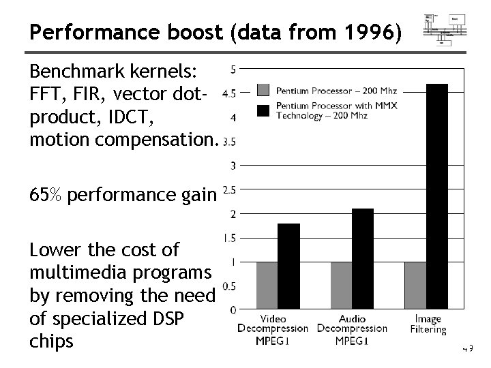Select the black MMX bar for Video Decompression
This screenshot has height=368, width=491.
pyautogui.click(x=288, y=266)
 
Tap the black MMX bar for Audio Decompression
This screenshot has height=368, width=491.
pyautogui.click(x=363, y=259)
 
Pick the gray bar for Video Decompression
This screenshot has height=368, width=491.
pyautogui.click(x=267, y=286)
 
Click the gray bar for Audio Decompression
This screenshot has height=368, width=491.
pyautogui.click(x=341, y=286)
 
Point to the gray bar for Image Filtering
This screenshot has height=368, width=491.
pyautogui.click(x=415, y=286)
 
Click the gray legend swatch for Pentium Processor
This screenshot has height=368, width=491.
pyautogui.click(x=265, y=90)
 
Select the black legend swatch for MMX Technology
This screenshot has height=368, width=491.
pyautogui.click(x=265, y=110)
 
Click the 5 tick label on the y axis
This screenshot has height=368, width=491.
pyautogui.click(x=233, y=70)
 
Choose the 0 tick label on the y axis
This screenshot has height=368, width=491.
pyautogui.click(x=233, y=310)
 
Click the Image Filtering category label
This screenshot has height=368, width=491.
pyautogui.click(x=428, y=324)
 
